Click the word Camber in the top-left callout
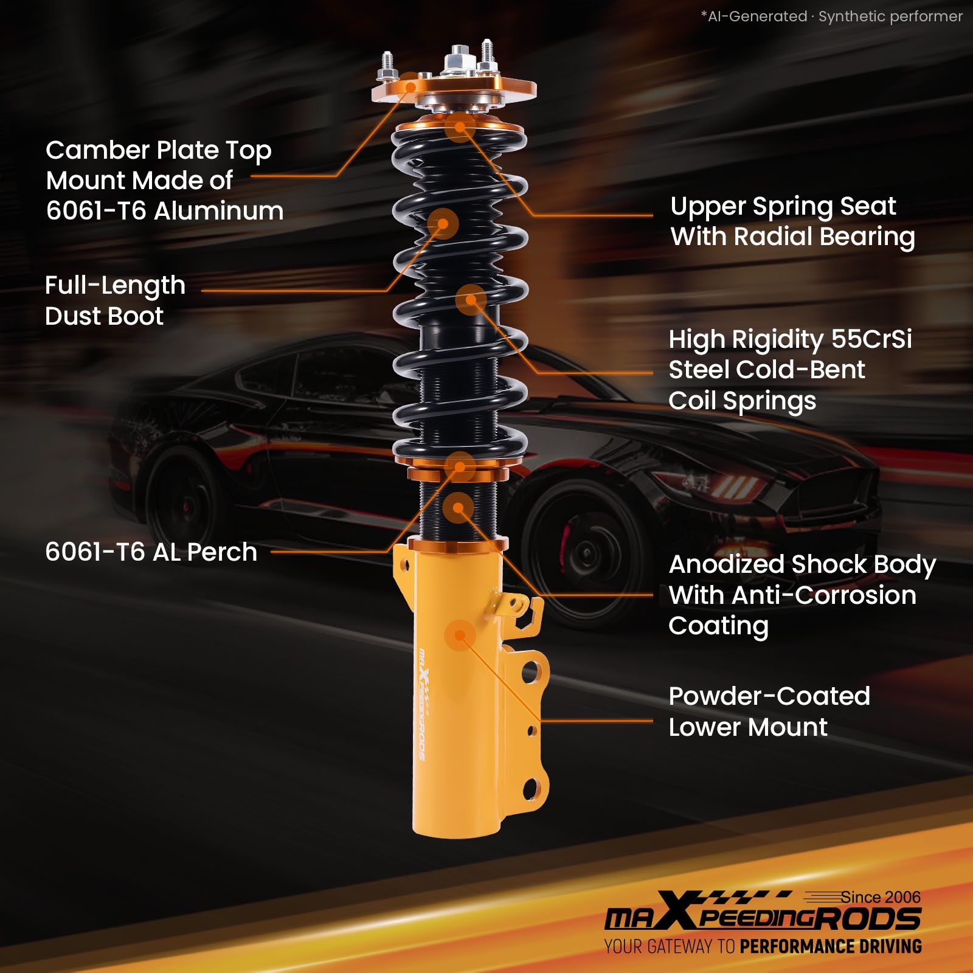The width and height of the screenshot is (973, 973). tap(98, 150)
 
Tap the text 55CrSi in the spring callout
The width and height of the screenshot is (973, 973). tap(871, 339)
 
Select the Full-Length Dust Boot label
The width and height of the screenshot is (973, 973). tap(115, 300)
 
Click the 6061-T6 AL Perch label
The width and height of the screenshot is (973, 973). tap(151, 552)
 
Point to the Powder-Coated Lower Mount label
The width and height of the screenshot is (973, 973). tap(769, 712)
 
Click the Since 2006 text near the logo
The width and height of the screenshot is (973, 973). tap(881, 897)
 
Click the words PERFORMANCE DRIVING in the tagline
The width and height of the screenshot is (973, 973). tap(831, 947)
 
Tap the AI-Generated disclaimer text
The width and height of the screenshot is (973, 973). tap(832, 16)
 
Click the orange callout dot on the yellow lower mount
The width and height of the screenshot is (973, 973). tap(460, 635)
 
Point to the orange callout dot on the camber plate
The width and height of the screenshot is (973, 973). tap(411, 88)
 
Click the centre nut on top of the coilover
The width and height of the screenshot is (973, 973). tap(460, 59)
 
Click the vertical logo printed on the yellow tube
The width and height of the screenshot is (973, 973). tap(423, 705)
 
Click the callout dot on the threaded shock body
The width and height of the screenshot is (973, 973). tap(459, 508)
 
